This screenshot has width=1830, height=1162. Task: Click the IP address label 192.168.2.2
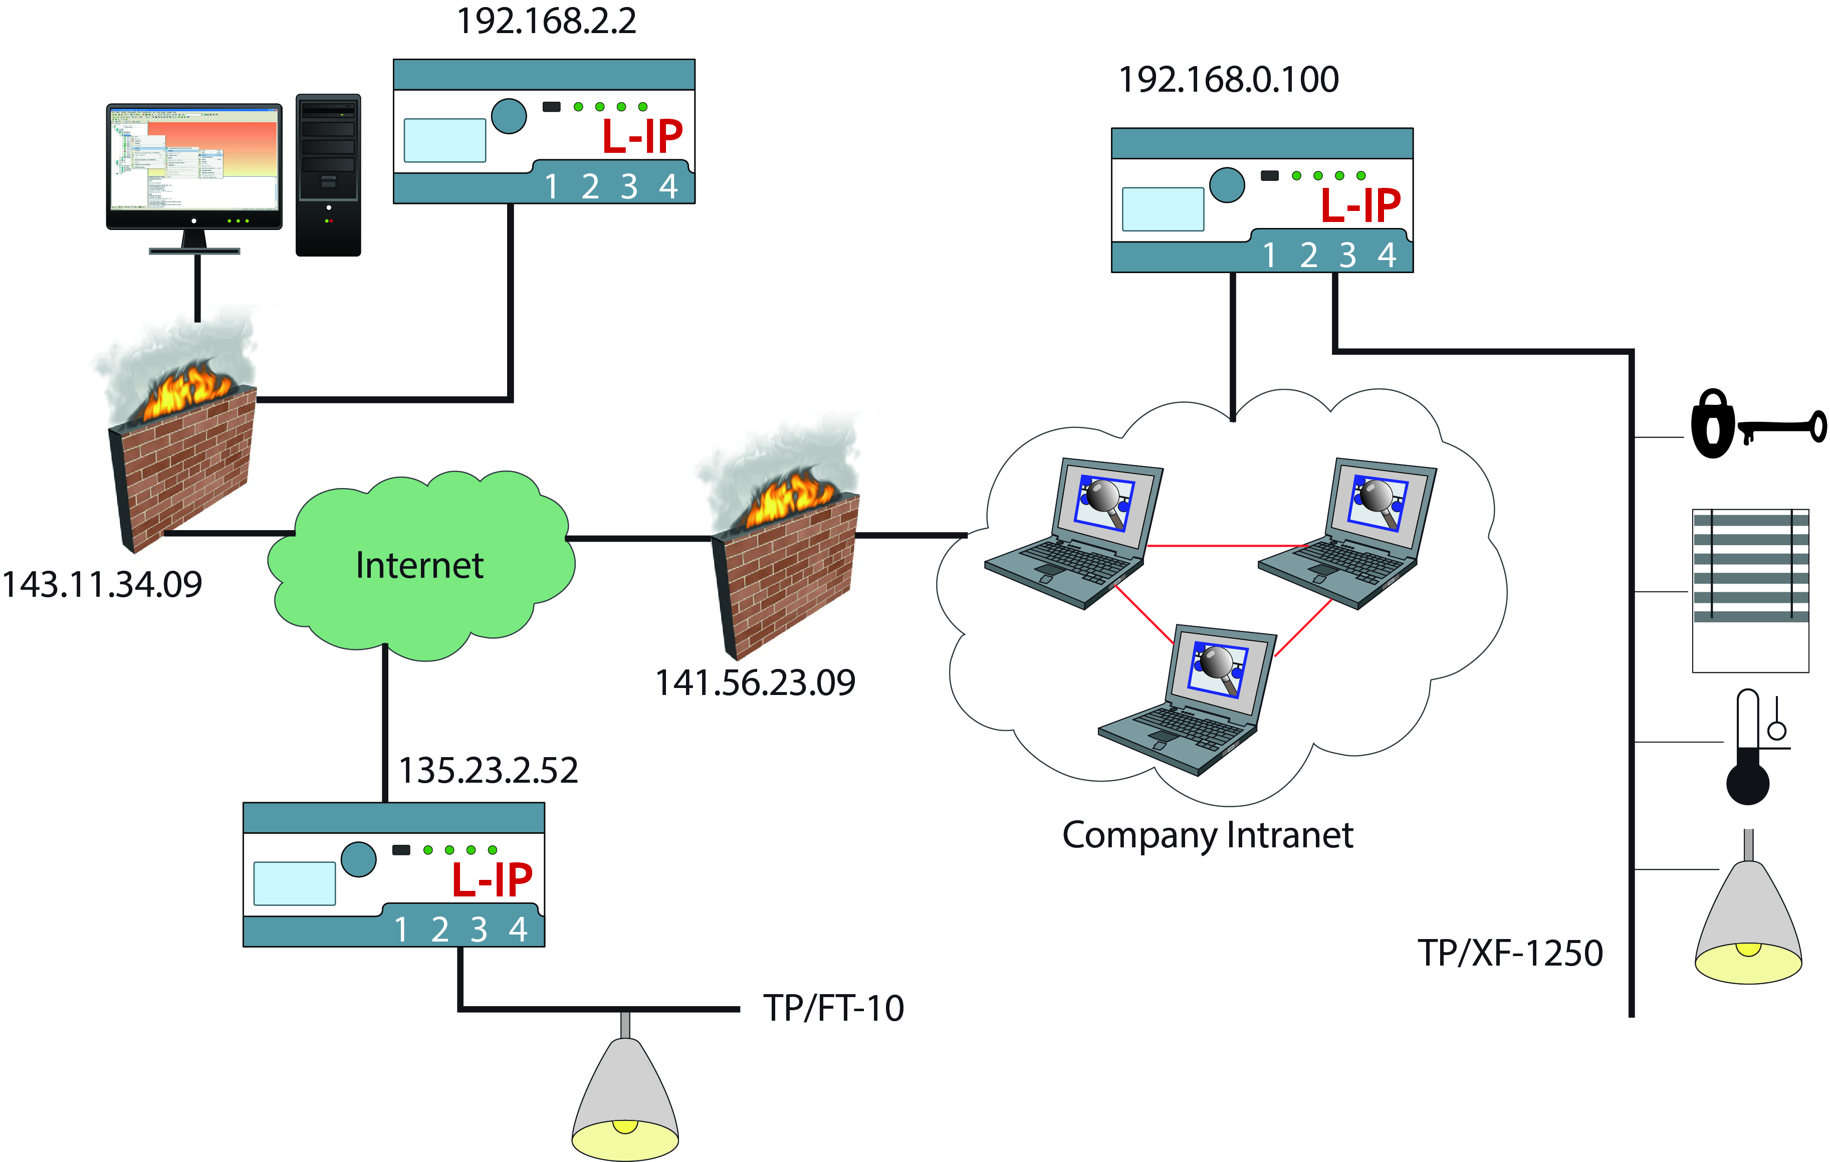coord(546,21)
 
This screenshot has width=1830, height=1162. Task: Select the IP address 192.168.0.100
coord(1228,79)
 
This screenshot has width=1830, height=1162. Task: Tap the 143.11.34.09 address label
coord(102,584)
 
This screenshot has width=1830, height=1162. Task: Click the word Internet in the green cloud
coord(419,565)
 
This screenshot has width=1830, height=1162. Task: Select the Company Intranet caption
coord(1208,836)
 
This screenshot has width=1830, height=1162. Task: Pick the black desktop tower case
coord(328,175)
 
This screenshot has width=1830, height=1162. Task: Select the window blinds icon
coord(1750,590)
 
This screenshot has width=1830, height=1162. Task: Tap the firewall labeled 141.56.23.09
coord(783,547)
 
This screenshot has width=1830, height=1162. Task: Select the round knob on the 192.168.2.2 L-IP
coord(509,116)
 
